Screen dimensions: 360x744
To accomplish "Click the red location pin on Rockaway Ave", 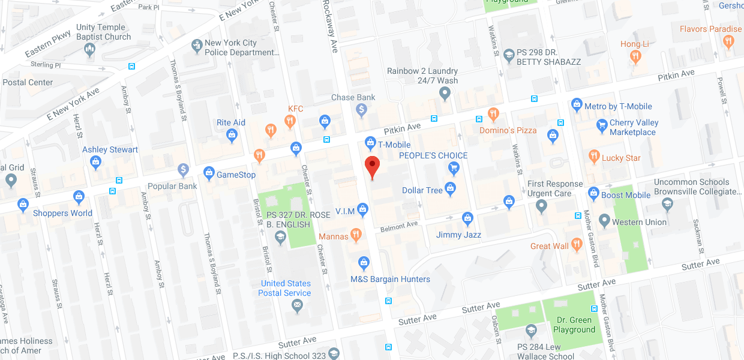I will (373, 165).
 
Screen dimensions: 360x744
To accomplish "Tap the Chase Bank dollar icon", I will (361, 110).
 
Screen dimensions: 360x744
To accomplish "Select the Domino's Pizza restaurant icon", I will (493, 113).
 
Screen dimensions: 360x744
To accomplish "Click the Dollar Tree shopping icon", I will (451, 190).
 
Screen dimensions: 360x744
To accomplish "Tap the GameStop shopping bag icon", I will (209, 174).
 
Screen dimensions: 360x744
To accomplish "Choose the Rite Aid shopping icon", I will (232, 136).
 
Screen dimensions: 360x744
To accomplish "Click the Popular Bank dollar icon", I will (184, 170).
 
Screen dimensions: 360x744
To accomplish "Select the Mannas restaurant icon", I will (356, 235).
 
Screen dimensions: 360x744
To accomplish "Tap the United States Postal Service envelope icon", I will (296, 306).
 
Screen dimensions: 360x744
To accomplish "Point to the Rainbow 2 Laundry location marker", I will (445, 94).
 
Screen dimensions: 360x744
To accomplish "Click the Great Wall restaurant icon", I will (577, 244).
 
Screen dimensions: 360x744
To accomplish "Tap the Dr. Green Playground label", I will (575, 325).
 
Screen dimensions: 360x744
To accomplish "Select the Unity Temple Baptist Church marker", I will (90, 50).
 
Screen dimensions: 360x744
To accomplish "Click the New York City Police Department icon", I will (196, 46).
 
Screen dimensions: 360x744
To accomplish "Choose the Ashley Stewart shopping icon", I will (95, 161).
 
